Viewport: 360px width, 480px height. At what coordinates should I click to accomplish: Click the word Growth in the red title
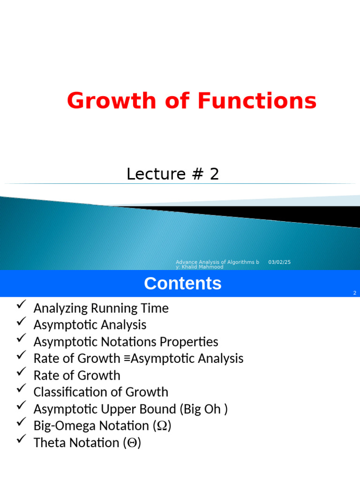click(x=111, y=101)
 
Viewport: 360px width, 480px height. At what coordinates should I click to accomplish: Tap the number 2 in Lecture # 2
click(x=214, y=174)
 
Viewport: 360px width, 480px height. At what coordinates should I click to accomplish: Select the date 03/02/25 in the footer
click(x=279, y=262)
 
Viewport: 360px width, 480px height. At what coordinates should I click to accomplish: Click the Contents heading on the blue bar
click(x=182, y=284)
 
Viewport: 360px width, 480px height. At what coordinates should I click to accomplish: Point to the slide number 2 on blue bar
click(x=355, y=293)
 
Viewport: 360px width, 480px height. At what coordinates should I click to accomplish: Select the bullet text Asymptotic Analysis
click(x=90, y=325)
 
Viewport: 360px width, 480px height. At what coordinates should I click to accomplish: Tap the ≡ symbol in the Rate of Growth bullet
click(x=127, y=359)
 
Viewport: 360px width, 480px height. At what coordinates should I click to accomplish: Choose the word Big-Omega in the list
click(x=64, y=426)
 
